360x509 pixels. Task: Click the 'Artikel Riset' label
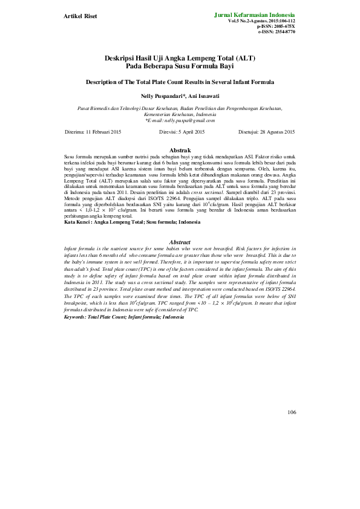tap(81, 15)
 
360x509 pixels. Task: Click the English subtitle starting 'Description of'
tap(180, 81)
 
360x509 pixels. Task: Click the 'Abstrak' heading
tap(180, 149)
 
